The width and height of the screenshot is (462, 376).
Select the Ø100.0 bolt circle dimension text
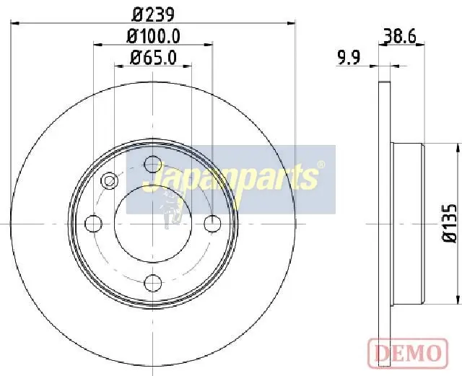[153, 35]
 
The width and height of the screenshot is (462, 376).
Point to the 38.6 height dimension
[402, 35]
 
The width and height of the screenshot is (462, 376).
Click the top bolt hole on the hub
[153, 164]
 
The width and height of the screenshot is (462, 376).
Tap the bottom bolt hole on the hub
[153, 281]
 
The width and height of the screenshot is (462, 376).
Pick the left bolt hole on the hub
[94, 223]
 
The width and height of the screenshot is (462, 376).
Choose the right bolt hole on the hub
[212, 223]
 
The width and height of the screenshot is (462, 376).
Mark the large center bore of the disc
[153, 223]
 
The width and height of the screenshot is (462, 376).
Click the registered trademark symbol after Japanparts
[321, 165]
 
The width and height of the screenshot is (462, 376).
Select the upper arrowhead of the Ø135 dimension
[458, 149]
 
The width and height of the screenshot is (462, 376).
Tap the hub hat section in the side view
[408, 223]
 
